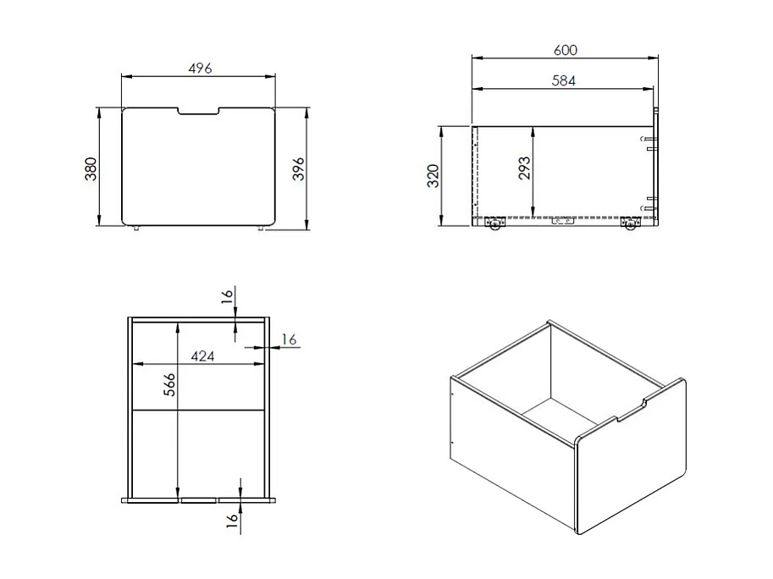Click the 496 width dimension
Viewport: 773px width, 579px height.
tap(200, 68)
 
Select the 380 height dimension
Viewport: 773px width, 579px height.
tap(91, 169)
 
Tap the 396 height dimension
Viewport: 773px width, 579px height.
tap(299, 169)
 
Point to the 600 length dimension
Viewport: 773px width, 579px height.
tap(565, 50)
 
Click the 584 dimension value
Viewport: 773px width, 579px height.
tap(564, 80)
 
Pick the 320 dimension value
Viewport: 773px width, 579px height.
tap(433, 176)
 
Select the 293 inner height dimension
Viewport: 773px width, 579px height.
tap(525, 168)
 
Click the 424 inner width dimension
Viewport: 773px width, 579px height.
tap(202, 356)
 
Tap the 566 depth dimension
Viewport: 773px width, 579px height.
tap(169, 384)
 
